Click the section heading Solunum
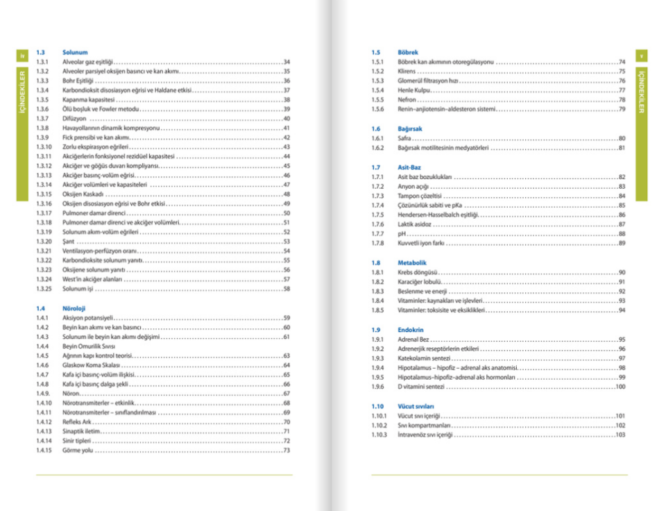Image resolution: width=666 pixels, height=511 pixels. tap(75, 52)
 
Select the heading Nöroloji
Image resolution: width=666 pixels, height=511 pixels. tap(73, 308)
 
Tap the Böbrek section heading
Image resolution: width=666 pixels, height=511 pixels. tap(408, 52)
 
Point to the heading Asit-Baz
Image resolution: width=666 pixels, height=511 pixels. tap(410, 167)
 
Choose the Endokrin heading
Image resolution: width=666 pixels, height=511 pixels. tap(411, 330)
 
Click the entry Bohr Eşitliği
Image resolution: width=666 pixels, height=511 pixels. tap(77, 81)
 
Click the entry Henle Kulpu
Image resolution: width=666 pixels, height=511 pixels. tap(414, 90)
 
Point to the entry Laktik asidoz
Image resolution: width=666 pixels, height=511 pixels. tap(414, 224)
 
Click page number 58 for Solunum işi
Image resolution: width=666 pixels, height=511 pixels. tap(287, 288)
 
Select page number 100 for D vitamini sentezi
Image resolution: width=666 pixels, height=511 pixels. tap(620, 387)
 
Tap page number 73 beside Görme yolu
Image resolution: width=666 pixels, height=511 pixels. tap(287, 451)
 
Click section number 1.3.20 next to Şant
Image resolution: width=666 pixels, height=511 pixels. tap(44, 242)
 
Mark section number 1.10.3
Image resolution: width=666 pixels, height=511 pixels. tap(379, 435)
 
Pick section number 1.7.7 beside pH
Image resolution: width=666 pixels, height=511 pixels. tap(377, 234)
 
